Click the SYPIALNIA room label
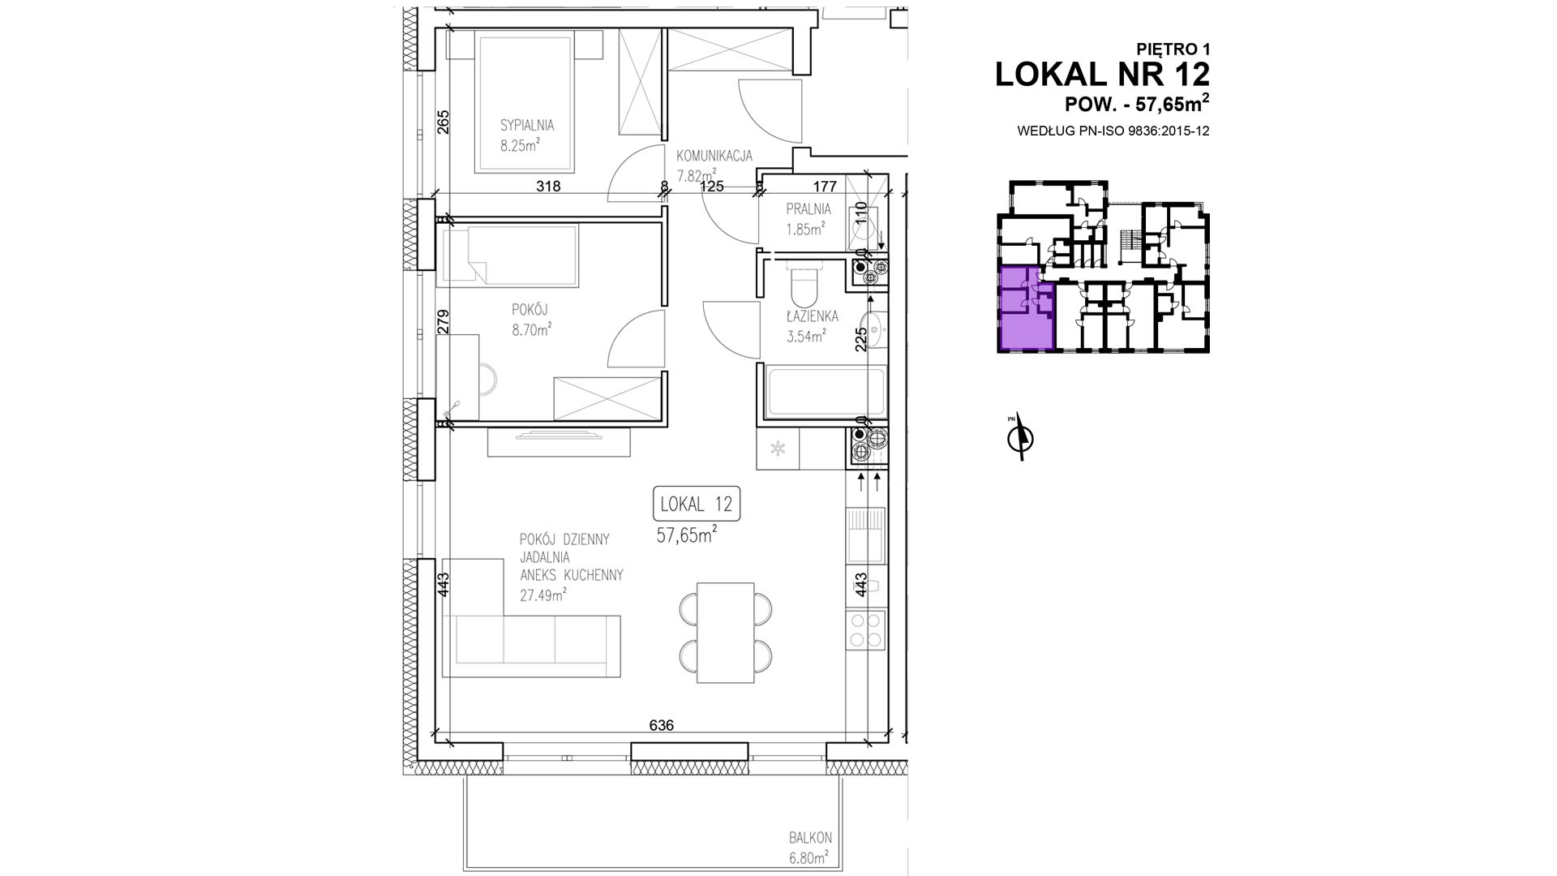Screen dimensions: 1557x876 pos(526,126)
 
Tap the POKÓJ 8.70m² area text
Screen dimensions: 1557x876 pos(531,329)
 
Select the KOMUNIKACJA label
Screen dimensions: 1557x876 pos(714,156)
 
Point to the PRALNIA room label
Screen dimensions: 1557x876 pos(809,209)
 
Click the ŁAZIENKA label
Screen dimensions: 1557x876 pos(812,316)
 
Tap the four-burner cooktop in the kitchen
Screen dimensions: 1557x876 pos(865,630)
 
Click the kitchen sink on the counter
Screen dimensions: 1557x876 pos(865,535)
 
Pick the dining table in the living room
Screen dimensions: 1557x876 pos(726,633)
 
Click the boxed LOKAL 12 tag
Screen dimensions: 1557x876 pos(697,504)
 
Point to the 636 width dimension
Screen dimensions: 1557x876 pos(662,725)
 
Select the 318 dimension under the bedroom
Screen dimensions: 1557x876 pos(548,186)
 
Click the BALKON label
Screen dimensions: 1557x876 pos(810,838)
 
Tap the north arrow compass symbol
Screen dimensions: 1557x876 pos(1020,438)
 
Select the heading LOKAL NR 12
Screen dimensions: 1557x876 pos(1102,74)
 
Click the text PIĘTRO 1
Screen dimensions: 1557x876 pos(1173,49)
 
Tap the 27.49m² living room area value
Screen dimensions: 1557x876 pos(543,595)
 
